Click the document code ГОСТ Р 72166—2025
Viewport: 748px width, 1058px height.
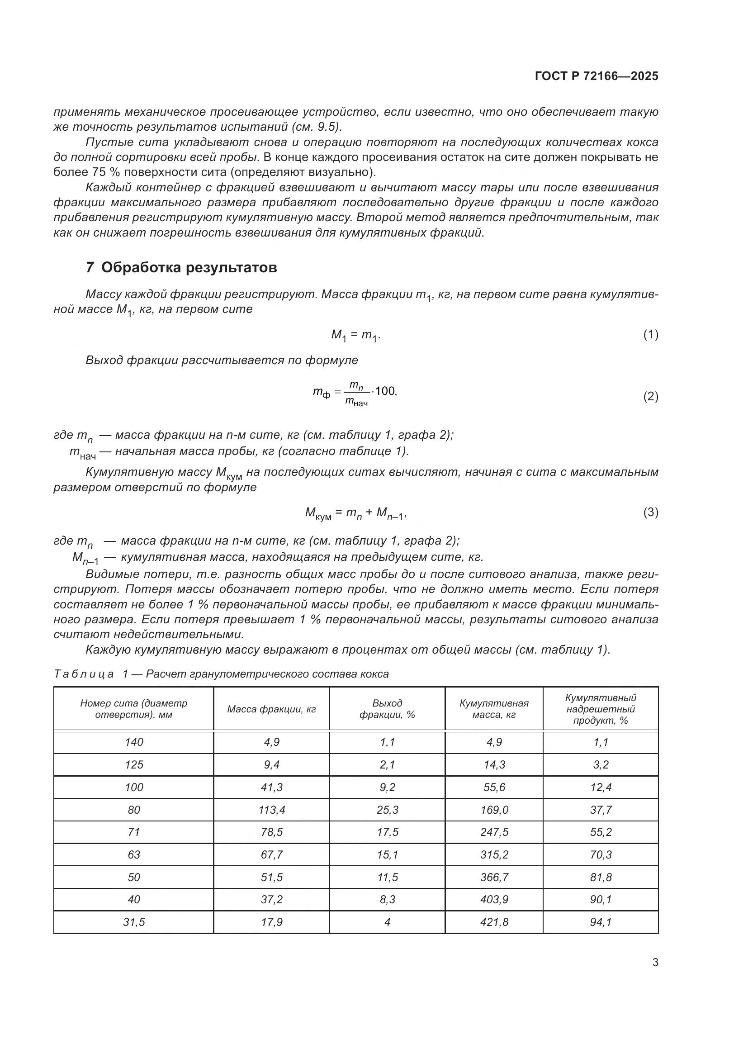click(x=597, y=76)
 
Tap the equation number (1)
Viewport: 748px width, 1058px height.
click(x=650, y=335)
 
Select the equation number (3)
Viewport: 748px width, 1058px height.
click(x=650, y=512)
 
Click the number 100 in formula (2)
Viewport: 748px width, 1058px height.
click(x=385, y=391)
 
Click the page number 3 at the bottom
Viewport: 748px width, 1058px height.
click(x=655, y=962)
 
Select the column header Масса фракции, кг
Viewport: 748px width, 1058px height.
click(x=271, y=709)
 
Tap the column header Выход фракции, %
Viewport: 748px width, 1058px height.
click(x=387, y=709)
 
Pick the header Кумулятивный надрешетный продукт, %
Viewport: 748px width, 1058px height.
click(x=600, y=709)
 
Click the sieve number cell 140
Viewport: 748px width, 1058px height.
click(x=133, y=742)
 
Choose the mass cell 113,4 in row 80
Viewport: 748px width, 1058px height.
click(x=271, y=810)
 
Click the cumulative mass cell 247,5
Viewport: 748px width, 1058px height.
click(x=494, y=832)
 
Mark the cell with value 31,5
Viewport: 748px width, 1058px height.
click(x=133, y=922)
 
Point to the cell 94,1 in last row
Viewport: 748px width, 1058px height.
click(x=600, y=922)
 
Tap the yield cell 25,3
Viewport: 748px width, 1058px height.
click(x=387, y=810)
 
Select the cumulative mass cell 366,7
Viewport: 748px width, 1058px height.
click(x=494, y=877)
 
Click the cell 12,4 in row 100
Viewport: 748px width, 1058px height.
click(x=600, y=787)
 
